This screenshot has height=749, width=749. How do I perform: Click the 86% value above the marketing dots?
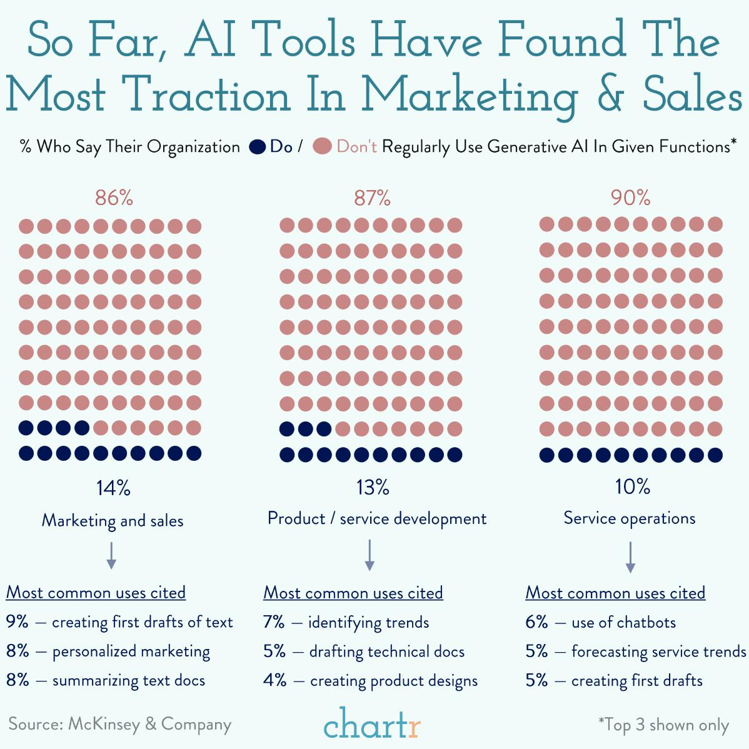click(114, 198)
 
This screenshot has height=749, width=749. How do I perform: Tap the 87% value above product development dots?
click(373, 198)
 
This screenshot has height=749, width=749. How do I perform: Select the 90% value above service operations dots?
click(631, 198)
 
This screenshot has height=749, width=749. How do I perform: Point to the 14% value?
click(113, 488)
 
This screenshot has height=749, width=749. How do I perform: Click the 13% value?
click(373, 487)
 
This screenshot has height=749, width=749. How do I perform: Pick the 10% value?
click(632, 486)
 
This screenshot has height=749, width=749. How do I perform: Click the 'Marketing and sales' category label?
click(113, 520)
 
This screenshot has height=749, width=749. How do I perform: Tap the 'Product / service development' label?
click(377, 518)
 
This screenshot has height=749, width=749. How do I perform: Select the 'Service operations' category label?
click(630, 518)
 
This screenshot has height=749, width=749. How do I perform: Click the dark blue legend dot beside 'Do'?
click(258, 147)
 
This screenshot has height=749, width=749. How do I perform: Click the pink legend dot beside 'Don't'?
click(322, 147)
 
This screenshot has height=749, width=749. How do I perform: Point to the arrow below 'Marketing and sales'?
click(111, 555)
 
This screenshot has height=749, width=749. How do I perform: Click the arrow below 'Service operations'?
click(630, 556)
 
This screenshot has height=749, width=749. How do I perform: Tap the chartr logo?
click(373, 724)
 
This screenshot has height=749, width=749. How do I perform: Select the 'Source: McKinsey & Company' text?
click(120, 724)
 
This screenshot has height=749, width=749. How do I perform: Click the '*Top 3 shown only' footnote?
click(663, 725)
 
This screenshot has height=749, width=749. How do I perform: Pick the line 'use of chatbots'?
click(623, 622)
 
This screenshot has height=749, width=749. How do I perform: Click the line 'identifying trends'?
click(368, 622)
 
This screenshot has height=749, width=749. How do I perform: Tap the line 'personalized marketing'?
click(131, 651)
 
